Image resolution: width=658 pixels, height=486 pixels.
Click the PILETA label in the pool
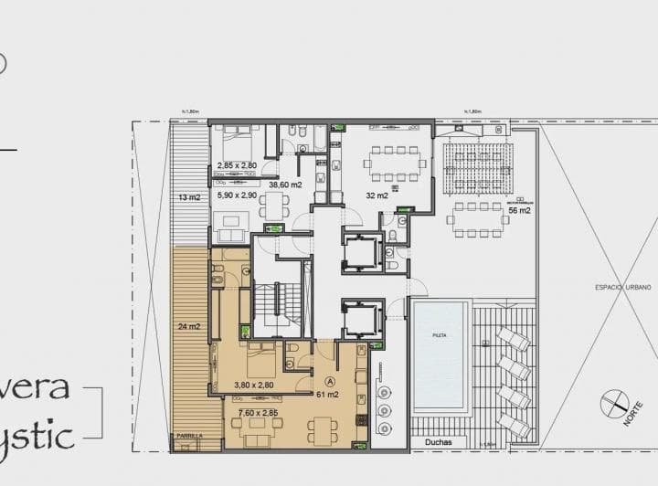[x=440, y=336]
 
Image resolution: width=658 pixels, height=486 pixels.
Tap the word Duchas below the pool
[x=439, y=442]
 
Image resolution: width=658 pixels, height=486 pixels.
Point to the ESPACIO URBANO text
[x=622, y=287]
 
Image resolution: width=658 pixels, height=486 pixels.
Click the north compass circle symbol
[x=613, y=404]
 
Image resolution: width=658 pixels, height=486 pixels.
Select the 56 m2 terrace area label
[x=520, y=210]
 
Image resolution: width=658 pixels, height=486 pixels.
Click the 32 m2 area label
[x=377, y=195]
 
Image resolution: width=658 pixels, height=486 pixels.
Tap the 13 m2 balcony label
[x=188, y=196]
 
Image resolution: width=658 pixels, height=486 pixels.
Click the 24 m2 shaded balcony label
[x=188, y=326]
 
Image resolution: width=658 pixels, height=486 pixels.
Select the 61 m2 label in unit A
[x=328, y=395]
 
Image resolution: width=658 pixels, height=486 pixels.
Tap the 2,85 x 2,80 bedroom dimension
[x=238, y=165]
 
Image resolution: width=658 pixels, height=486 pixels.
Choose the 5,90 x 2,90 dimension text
[x=237, y=195]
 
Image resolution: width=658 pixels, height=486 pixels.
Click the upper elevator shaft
[x=363, y=251]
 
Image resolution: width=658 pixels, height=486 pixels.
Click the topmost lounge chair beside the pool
[x=515, y=341]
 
